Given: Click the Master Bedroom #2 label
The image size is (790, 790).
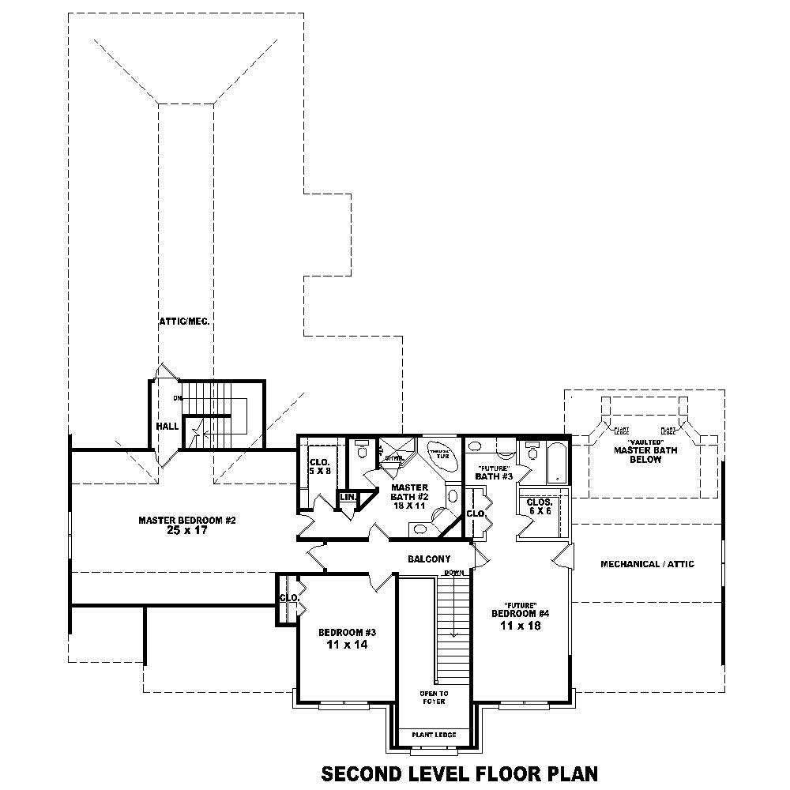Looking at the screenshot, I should (x=187, y=520).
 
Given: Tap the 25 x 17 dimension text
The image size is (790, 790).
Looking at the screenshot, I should (x=187, y=531).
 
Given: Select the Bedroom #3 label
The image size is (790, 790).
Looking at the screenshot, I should (x=347, y=632).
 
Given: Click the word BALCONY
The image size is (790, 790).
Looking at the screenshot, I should (x=429, y=559).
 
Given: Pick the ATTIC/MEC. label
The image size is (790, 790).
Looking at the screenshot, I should (x=183, y=322).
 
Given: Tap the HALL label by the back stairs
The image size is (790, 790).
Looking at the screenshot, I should (x=167, y=426).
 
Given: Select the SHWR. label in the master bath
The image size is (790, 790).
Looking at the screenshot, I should (x=394, y=457).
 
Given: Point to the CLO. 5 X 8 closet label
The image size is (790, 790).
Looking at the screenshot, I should (x=318, y=467).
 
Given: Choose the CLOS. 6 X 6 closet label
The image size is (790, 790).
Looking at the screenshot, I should (x=539, y=506).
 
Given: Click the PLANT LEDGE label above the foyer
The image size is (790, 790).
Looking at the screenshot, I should (x=434, y=735).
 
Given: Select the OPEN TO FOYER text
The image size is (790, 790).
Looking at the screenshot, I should (x=433, y=697).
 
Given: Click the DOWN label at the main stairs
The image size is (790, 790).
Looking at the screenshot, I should (x=453, y=572).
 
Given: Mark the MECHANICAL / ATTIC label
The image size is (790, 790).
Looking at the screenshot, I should (x=647, y=564).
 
